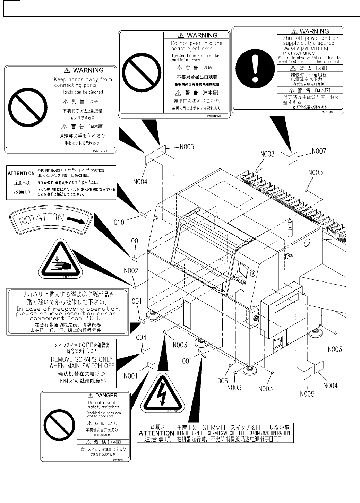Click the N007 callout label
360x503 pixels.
[x=319, y=151]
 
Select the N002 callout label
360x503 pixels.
[x=131, y=271]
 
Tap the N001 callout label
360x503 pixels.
[x=131, y=376]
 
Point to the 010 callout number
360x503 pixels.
[x=119, y=222]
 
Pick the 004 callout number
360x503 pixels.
[x=141, y=337]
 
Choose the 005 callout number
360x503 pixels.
[x=223, y=381]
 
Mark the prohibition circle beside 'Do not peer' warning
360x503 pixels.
[x=141, y=73]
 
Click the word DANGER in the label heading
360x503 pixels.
[x=106, y=395]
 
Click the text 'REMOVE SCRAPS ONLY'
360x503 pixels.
[x=82, y=359]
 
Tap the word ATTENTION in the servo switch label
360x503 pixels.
[x=156, y=433]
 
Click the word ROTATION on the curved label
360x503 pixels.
[x=42, y=218]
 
